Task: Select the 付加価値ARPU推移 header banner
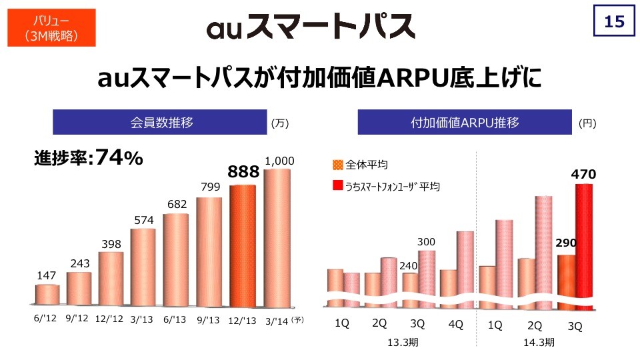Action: tap(465, 123)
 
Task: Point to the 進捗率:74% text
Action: tap(88, 158)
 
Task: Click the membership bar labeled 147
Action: tap(47, 295)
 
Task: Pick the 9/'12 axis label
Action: tap(78, 319)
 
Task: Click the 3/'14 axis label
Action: tap(277, 320)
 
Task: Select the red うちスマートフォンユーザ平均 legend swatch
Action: tap(337, 186)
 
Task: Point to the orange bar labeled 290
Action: tap(565, 280)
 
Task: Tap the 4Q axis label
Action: tap(456, 324)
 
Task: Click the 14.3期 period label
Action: tap(539, 342)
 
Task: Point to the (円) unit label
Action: tap(587, 123)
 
